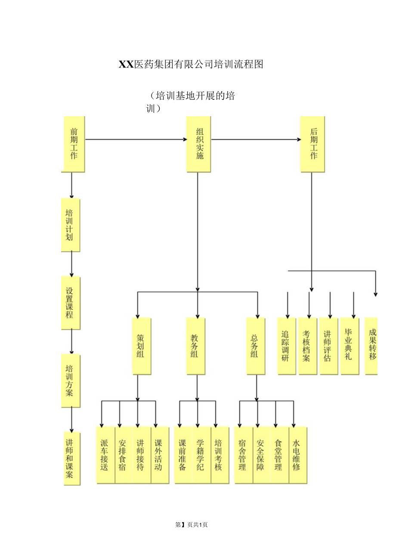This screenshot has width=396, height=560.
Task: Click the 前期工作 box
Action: (74, 144)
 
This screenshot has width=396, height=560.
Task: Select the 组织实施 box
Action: (198, 144)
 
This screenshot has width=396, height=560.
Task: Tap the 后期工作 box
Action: (312, 144)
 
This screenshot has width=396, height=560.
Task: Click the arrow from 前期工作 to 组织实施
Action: (136, 139)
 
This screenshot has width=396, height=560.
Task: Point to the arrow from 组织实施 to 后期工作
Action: (256, 139)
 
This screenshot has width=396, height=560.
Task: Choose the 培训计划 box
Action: (71, 225)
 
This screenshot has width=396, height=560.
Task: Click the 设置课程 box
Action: (71, 303)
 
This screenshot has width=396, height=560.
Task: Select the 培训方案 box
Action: (71, 381)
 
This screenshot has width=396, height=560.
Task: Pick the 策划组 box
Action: (142, 346)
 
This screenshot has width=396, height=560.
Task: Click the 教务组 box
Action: (196, 346)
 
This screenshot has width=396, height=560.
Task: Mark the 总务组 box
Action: (256, 346)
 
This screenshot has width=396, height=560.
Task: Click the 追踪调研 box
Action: (286, 346)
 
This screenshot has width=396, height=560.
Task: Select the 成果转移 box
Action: (371, 346)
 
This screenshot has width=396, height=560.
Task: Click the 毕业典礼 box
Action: (350, 346)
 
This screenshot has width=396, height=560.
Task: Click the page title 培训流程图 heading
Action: (191, 65)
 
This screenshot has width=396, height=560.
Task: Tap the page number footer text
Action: (192, 525)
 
